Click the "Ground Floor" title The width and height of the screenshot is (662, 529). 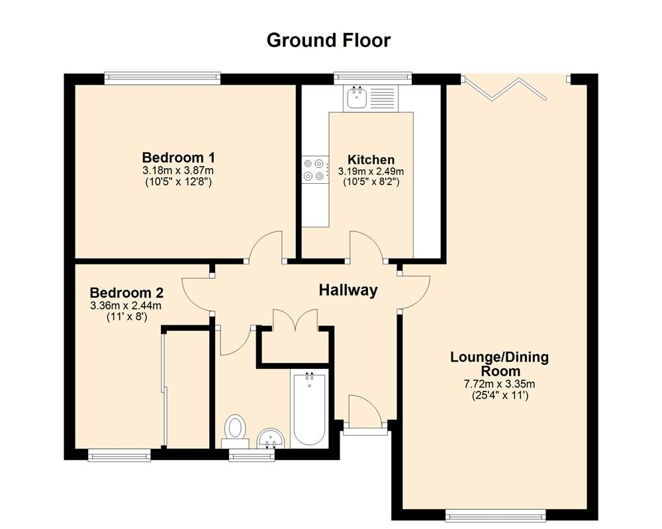point(328,40)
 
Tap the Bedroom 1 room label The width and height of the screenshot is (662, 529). point(178,158)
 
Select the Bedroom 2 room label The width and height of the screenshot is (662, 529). point(126,293)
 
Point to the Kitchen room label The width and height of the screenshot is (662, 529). point(371,159)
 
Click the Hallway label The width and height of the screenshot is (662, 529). point(348,290)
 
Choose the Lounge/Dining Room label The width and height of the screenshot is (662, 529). point(499,364)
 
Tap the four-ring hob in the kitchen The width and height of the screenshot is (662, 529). point(314,169)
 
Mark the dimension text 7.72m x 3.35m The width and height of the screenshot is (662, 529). point(499,384)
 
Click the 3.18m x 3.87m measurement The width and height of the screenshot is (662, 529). point(178,171)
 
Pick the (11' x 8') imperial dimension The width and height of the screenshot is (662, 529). point(126,317)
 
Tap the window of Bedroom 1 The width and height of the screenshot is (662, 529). point(162,79)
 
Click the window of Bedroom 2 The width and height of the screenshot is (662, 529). point(120,454)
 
